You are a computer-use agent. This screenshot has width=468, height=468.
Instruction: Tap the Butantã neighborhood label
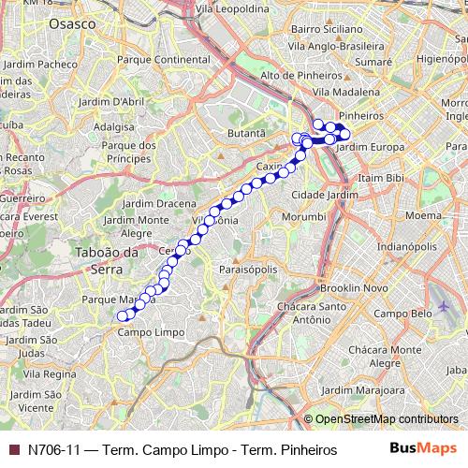(x=247, y=134)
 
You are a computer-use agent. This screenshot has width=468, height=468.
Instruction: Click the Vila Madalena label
(x=346, y=92)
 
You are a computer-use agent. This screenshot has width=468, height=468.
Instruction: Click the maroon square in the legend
(x=13, y=449)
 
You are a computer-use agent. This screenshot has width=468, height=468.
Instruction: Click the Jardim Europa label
(x=368, y=148)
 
